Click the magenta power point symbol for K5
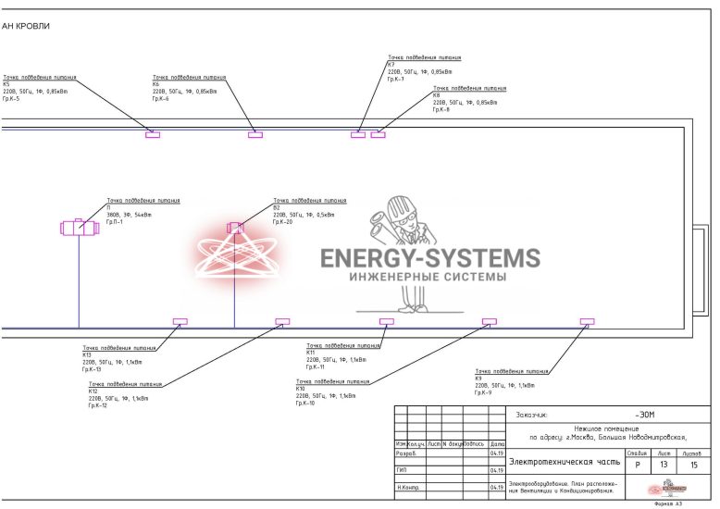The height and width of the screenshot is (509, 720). click(x=153, y=135)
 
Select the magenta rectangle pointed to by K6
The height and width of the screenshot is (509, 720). click(x=255, y=135)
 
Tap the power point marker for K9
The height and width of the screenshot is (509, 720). click(x=587, y=322)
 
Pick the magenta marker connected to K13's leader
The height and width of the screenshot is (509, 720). click(x=180, y=322)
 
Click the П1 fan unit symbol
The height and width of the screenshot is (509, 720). click(x=80, y=227)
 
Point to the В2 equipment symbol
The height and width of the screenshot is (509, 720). click(x=235, y=227)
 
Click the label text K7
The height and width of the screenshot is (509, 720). click(x=391, y=65)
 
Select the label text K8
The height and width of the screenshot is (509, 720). click(x=437, y=95)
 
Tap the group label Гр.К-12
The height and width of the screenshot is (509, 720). click(x=98, y=405)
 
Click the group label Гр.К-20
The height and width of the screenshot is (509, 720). click(x=282, y=221)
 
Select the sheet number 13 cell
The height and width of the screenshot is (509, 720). click(x=663, y=465)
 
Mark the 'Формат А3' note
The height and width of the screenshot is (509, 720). click(x=667, y=504)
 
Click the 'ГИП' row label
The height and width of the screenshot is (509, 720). click(x=402, y=470)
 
